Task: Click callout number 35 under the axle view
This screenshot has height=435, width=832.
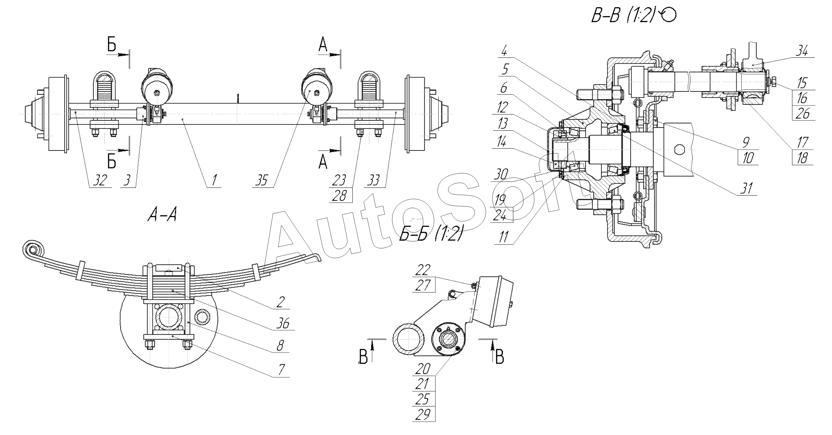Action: (x=261, y=180)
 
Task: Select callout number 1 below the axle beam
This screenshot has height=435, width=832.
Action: (x=214, y=180)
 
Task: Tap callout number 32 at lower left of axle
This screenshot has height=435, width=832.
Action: (x=100, y=180)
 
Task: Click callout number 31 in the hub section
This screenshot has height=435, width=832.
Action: (x=747, y=188)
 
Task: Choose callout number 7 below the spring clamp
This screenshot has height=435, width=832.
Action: (x=281, y=370)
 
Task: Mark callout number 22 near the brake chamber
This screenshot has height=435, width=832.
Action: (x=423, y=270)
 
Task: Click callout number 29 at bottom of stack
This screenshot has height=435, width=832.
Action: (x=423, y=424)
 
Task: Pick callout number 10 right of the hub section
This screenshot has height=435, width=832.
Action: (x=748, y=158)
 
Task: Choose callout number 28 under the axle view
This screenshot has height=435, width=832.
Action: (x=339, y=196)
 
